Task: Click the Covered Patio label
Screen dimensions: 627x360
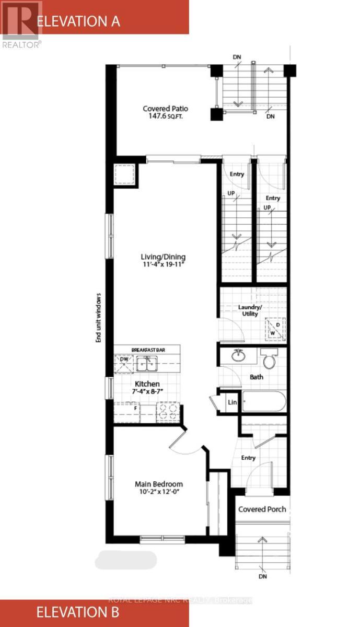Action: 165,109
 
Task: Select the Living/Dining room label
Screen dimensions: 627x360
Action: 163,257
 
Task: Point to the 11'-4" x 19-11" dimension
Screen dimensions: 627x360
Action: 163,265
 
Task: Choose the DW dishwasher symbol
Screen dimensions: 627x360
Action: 124,360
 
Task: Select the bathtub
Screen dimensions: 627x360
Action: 263,402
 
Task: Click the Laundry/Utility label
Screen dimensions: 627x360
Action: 249,310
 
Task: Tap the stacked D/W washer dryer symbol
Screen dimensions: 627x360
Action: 274,329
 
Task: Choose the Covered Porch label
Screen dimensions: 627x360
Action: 262,509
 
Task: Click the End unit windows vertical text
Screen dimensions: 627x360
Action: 98,317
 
